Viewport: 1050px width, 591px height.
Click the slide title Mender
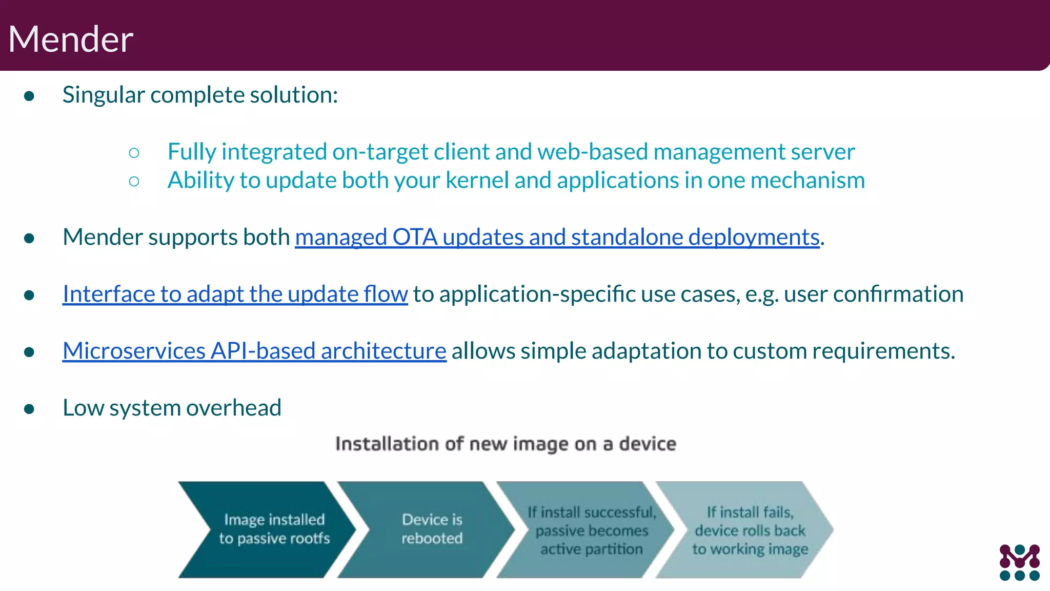tap(71, 39)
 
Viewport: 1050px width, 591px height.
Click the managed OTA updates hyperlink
tap(557, 237)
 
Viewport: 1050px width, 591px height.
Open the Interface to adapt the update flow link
tap(235, 294)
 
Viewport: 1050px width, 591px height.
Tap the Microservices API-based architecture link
tap(254, 351)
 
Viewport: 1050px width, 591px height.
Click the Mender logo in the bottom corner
tap(1019, 562)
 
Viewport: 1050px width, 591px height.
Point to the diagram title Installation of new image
tap(506, 444)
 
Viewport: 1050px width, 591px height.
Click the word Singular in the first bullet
tap(103, 95)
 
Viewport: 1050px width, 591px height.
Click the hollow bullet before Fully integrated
tap(134, 152)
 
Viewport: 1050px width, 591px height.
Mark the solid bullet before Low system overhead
tap(29, 409)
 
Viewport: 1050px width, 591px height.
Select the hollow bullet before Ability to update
tap(134, 181)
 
